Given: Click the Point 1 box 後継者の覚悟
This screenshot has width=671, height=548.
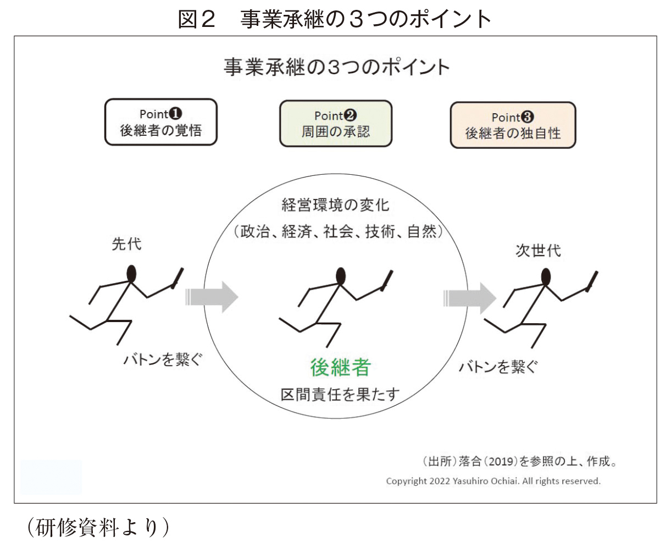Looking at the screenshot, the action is (x=161, y=122).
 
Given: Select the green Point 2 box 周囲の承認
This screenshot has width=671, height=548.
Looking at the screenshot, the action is (x=336, y=124).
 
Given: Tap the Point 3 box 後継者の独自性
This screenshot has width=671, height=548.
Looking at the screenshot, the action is (x=513, y=125).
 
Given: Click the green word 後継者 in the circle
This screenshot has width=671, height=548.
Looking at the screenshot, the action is (x=340, y=367).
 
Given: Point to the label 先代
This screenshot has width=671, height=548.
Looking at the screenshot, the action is (x=126, y=245).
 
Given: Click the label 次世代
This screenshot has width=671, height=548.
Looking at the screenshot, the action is (x=538, y=251).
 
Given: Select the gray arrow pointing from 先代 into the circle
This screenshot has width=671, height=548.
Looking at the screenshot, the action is (x=212, y=297).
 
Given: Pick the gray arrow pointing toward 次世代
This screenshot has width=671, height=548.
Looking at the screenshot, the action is (x=470, y=298).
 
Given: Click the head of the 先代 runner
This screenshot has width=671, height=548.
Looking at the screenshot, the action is (x=131, y=274).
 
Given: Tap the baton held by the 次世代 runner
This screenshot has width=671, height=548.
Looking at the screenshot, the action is (x=593, y=281).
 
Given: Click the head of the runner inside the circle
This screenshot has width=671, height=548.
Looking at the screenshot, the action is (x=341, y=276).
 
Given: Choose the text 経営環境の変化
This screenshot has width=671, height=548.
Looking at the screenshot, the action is (x=335, y=205).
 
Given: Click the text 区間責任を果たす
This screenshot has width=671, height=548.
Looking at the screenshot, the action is (x=340, y=395).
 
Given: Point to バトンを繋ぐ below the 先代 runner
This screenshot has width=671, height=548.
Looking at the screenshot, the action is (x=163, y=360).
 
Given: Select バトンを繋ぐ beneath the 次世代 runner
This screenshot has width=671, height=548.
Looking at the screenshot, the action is (x=498, y=367).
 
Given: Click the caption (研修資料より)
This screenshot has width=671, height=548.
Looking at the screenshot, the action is (x=98, y=527).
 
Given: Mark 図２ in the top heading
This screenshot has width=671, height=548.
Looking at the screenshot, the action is (x=197, y=19).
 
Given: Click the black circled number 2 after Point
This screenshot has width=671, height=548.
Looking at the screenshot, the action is (x=350, y=115).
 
